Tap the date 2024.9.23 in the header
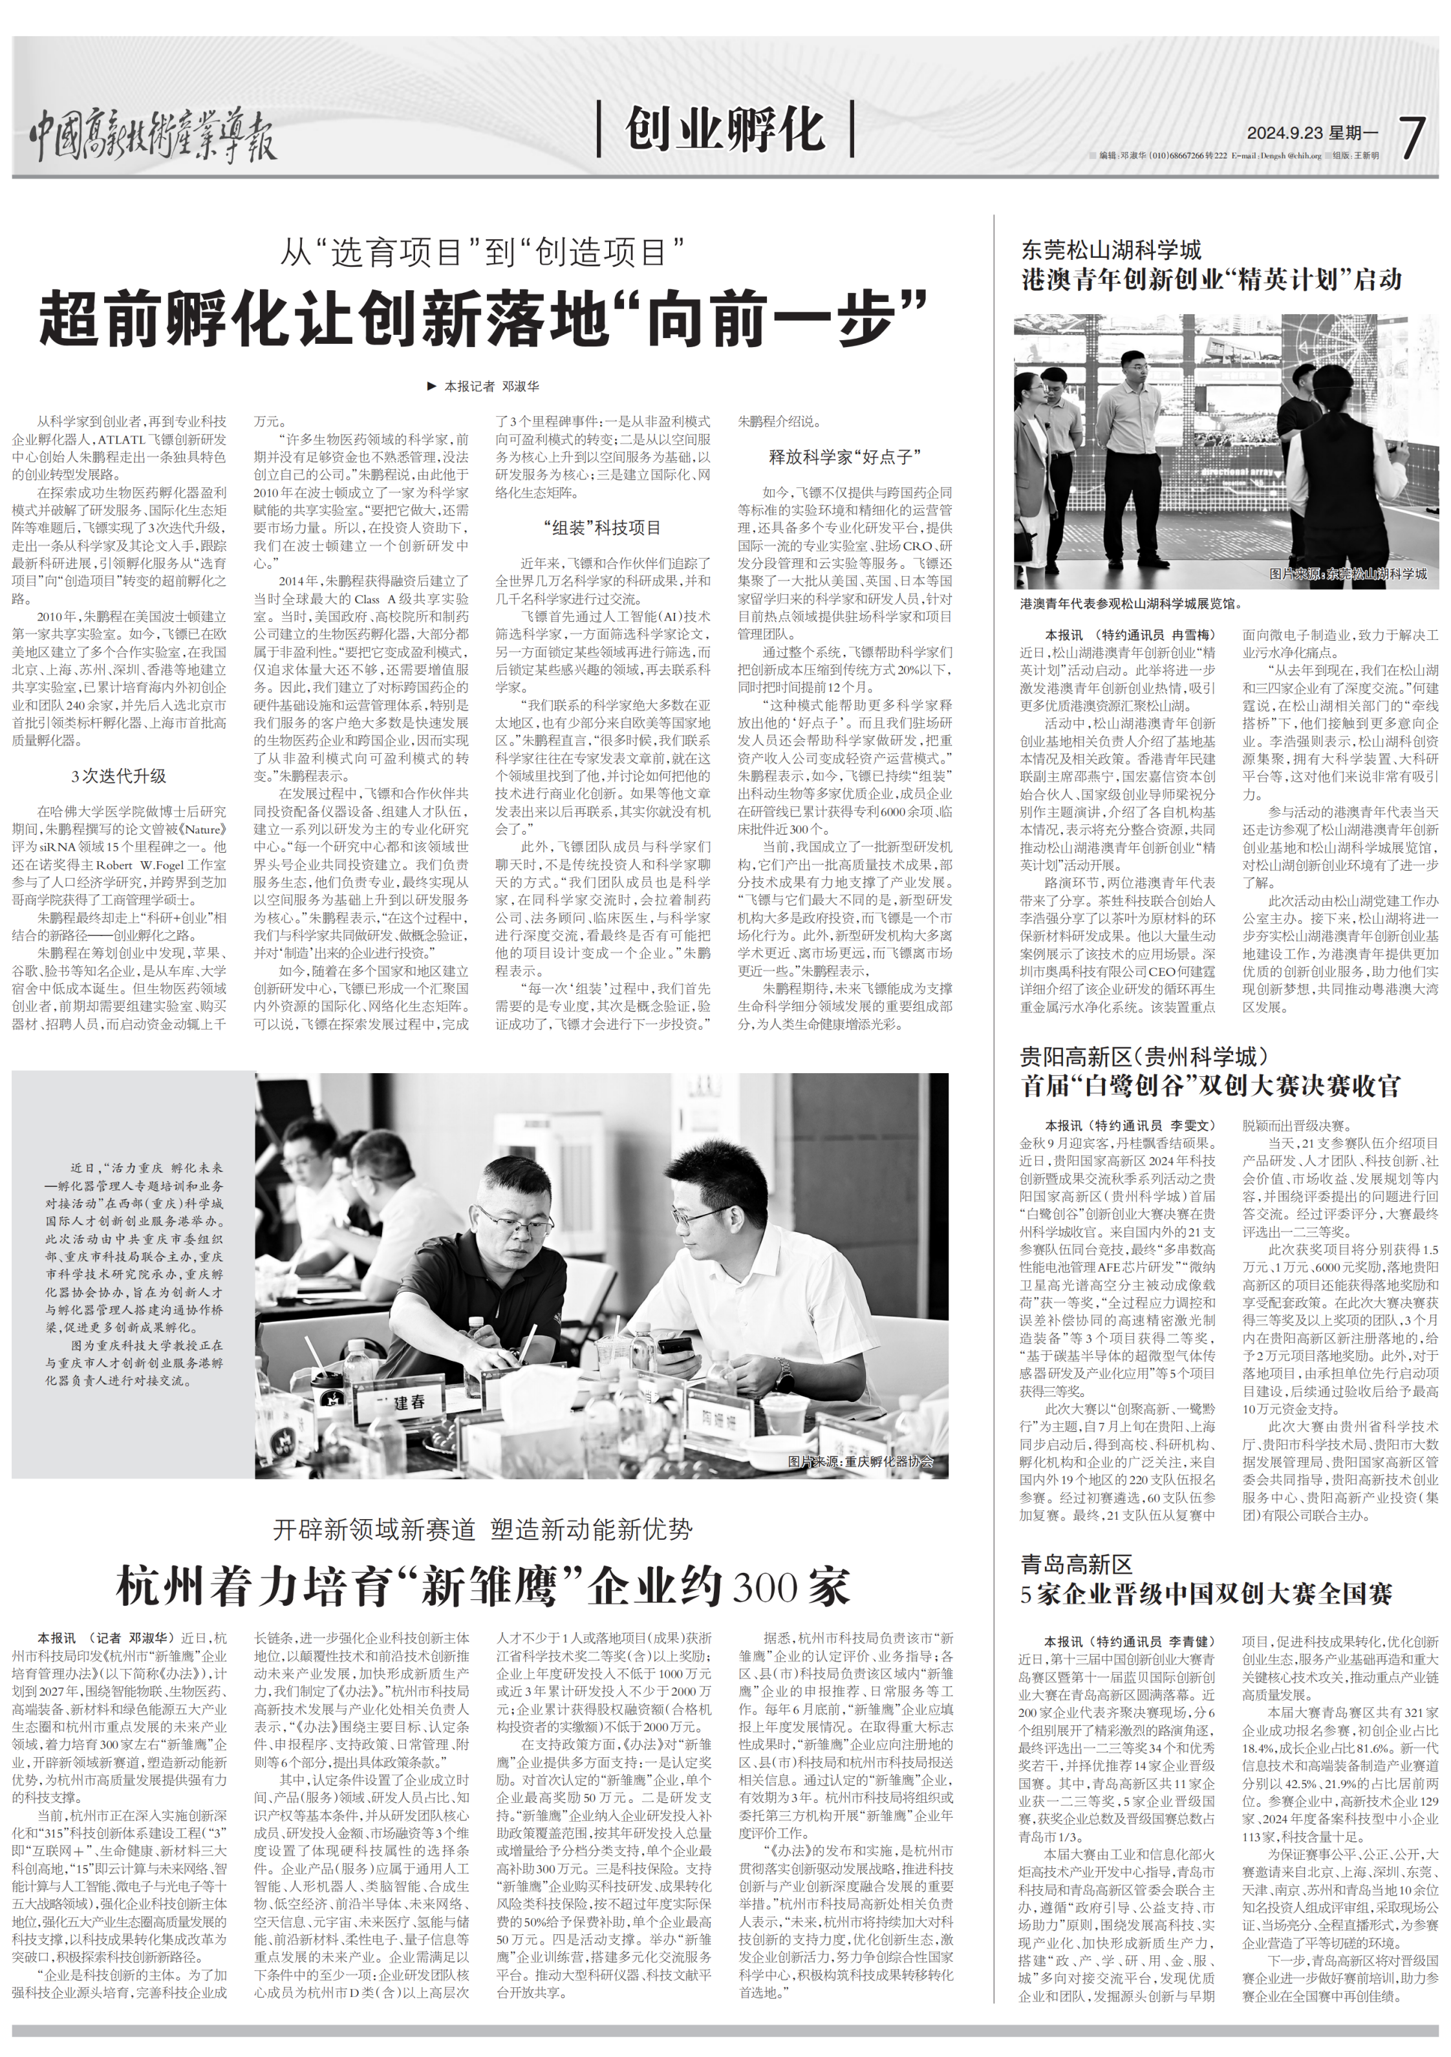click(x=1284, y=133)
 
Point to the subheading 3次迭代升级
click(x=119, y=776)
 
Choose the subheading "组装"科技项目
click(x=602, y=528)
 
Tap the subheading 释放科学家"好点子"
click(x=844, y=457)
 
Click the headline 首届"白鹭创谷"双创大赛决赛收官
click(x=1210, y=1086)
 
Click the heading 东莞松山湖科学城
click(x=1112, y=250)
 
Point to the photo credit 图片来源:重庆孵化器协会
click(x=859, y=1461)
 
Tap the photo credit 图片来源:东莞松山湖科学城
click(x=1347, y=573)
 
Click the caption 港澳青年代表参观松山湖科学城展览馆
click(x=1131, y=604)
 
